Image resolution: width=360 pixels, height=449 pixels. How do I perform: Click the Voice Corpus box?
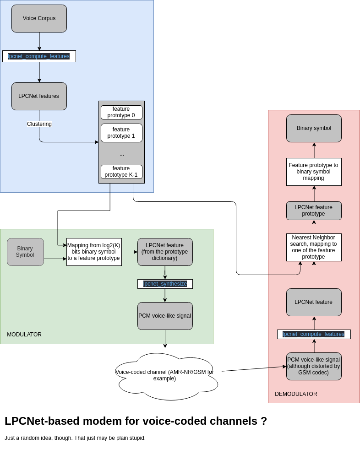coord(39,18)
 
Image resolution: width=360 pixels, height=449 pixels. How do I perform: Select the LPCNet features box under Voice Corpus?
coord(39,96)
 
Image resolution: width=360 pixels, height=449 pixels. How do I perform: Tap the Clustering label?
coord(39,124)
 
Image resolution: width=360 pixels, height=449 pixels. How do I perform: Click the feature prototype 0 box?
coord(121,112)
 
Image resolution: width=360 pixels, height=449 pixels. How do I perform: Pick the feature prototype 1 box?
coord(121,133)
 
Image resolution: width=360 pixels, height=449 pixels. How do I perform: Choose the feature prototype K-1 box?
coord(121,172)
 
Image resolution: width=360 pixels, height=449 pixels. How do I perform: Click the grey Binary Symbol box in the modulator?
coord(25,252)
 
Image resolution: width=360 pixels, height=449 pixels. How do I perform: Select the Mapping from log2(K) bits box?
coord(94,252)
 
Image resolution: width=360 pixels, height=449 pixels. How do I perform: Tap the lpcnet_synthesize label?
coord(165,284)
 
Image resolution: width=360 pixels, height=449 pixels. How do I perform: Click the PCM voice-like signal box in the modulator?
coord(165,316)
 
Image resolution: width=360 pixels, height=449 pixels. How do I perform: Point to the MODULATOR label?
coord(24,335)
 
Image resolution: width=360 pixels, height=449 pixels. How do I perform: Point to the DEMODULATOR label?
coord(296,394)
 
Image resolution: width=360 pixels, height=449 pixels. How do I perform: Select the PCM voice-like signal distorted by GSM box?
coord(314,366)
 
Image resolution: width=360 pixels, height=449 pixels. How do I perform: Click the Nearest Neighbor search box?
coord(314,247)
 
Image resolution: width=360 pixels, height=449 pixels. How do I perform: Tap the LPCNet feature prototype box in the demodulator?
coord(314,211)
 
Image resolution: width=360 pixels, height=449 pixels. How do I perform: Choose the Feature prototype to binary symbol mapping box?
coord(314,172)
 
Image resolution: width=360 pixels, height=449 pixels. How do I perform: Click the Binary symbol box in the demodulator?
coord(314,128)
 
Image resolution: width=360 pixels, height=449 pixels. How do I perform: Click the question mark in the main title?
coord(263,421)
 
